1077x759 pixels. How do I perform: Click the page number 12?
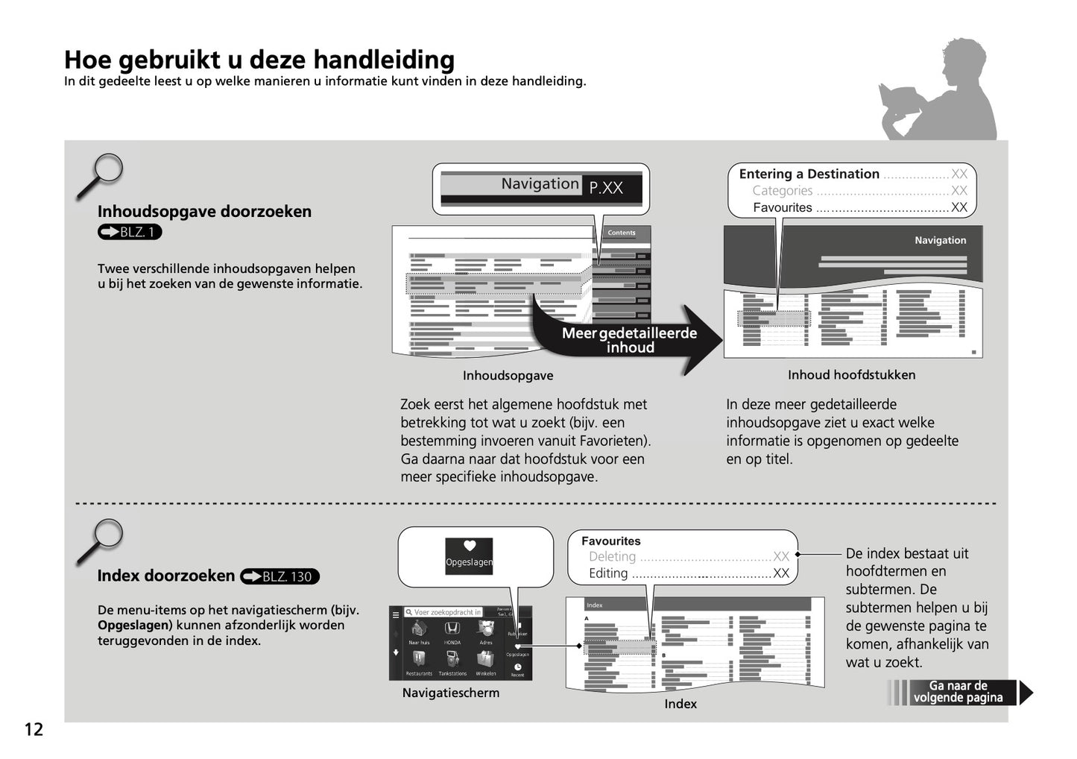pos(34,729)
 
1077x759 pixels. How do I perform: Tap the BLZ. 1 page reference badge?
pos(130,232)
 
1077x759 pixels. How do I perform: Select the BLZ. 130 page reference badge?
pos(279,576)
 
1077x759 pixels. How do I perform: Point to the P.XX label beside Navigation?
pos(606,188)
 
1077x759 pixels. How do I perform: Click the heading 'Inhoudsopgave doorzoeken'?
pos(204,212)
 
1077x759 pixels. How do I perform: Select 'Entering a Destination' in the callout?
pos(809,174)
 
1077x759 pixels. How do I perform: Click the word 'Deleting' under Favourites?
pos(612,557)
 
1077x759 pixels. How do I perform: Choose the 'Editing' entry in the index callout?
pos(608,573)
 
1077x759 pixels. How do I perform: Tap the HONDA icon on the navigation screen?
pos(452,630)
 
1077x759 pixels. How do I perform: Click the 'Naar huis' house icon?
pos(419,630)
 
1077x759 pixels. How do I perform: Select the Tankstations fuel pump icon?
pos(452,660)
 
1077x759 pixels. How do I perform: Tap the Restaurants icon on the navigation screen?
pos(419,660)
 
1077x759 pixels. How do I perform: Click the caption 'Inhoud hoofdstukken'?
pos(851,375)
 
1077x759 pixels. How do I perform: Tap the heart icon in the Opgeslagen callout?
pos(470,546)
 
